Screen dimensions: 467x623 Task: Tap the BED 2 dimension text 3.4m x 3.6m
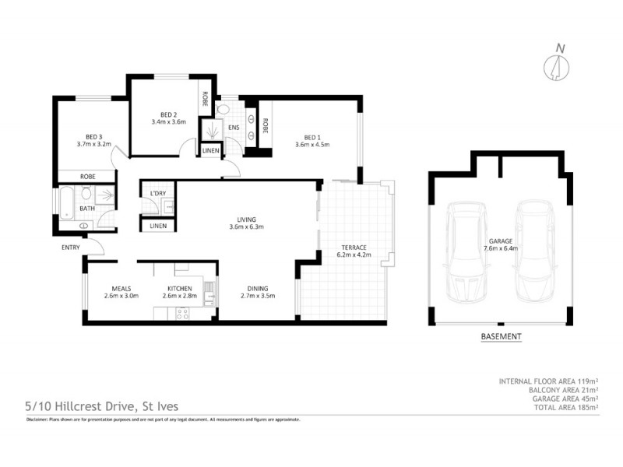pos(168,121)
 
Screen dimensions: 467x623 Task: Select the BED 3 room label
pos(93,136)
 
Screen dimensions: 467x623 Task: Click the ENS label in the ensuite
pos(233,128)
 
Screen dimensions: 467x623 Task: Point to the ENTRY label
pos(71,248)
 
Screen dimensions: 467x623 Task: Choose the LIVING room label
pos(248,219)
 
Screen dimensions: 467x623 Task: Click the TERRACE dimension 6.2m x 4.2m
pos(352,255)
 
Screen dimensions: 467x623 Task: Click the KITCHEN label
pos(179,287)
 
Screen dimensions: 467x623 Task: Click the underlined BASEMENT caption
pos(501,337)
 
